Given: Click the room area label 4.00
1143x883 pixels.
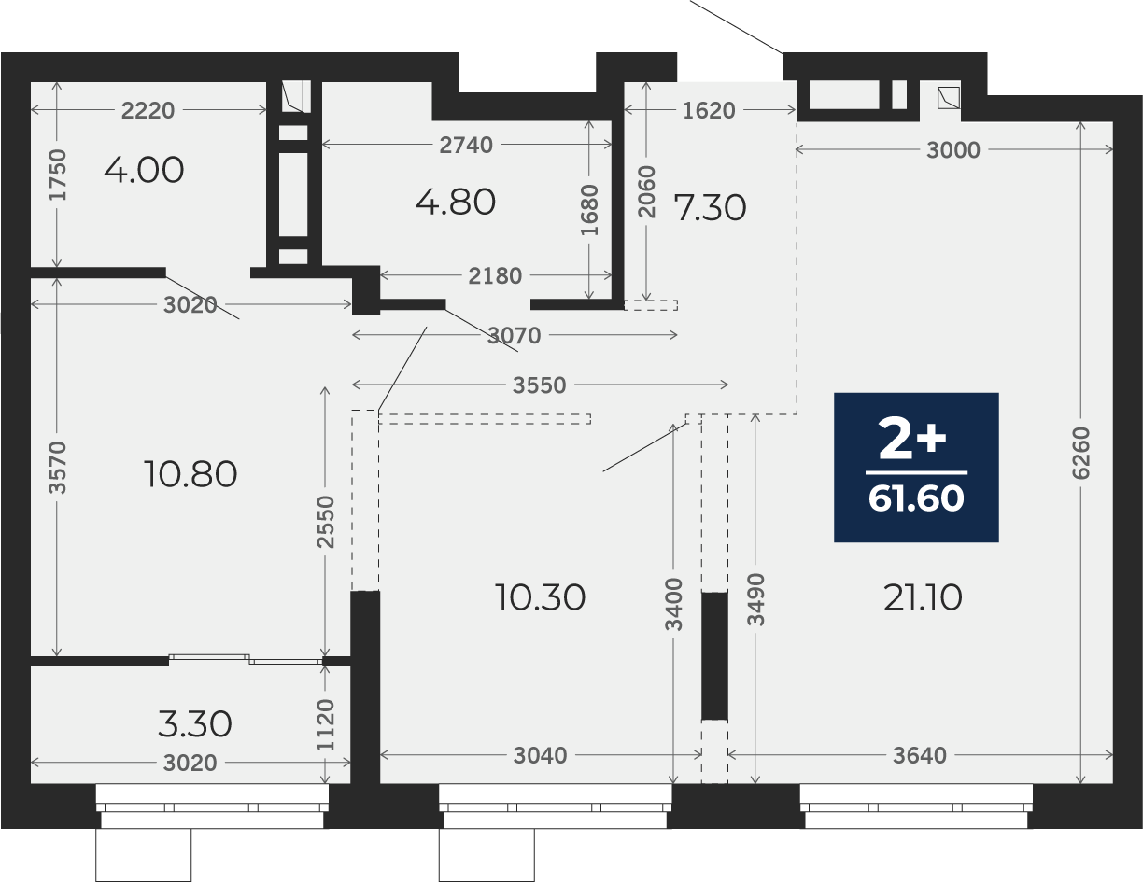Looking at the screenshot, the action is point(144,170).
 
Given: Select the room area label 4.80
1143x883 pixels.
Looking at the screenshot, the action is point(456,203).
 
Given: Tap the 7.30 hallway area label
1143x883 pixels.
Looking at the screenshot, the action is point(710,207).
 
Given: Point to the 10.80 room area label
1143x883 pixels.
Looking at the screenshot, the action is point(190,474).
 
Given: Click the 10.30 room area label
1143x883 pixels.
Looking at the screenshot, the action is point(540,597).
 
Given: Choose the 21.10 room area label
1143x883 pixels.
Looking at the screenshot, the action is point(924,597).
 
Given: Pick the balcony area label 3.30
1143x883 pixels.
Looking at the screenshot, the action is point(194,724).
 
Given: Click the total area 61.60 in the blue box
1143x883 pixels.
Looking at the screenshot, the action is point(916,498).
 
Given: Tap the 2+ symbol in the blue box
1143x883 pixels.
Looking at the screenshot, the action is point(912,440).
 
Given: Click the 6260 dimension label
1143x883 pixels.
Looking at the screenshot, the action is point(1081,453).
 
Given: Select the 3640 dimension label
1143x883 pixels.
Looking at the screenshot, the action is point(920,756).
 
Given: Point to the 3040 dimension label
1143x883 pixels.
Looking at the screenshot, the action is point(540,756).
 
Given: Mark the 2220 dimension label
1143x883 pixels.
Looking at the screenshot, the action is point(148,110).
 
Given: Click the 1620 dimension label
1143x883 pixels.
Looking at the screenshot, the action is point(709,110).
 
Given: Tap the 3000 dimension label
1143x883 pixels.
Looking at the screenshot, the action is point(953,150).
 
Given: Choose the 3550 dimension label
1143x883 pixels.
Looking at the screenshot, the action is point(540,385).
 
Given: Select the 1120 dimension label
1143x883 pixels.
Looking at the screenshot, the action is point(326,725).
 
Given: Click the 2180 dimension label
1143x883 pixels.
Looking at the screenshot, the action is point(495,276).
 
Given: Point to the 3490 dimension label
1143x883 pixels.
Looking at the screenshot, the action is point(755,599).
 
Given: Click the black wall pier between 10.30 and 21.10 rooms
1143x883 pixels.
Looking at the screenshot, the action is point(714,655).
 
